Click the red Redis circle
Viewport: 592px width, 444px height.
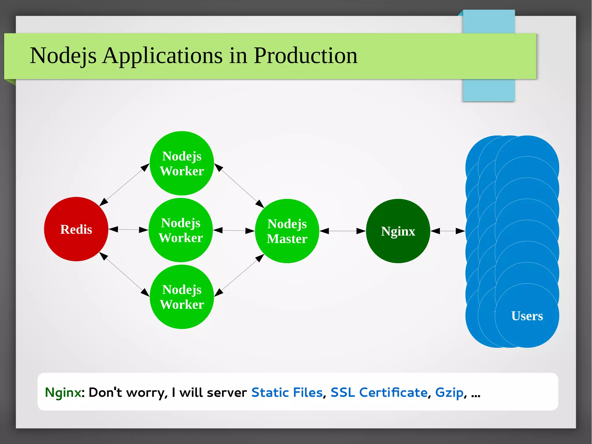point(76,229)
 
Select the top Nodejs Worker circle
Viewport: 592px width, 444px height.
point(182,163)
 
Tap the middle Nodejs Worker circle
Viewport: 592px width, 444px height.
point(181,230)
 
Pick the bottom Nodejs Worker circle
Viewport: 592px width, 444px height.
point(182,297)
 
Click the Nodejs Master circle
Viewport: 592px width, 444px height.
point(287,231)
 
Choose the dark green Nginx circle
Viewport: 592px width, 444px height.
point(398,231)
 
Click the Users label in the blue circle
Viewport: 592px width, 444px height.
point(527,316)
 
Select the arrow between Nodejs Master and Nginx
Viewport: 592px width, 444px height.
point(343,231)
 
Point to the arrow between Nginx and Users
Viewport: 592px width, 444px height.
point(448,231)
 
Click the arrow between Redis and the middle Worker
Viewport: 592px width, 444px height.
point(129,230)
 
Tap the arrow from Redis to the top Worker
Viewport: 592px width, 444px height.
point(124,185)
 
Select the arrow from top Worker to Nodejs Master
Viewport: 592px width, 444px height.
point(239,185)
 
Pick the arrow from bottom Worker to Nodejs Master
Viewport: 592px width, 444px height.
point(239,275)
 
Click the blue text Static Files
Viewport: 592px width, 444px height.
point(287,393)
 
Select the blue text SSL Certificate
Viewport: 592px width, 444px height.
point(379,393)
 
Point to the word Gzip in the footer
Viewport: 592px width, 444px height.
point(449,393)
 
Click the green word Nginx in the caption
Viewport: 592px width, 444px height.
point(63,393)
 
